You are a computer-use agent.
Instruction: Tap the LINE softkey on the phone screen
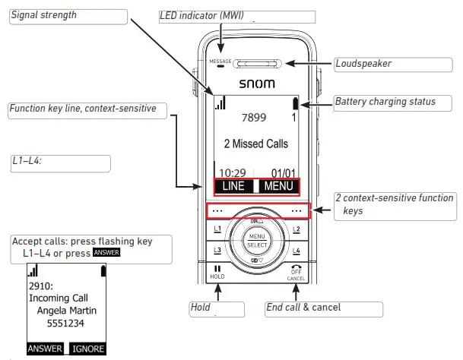(233, 186)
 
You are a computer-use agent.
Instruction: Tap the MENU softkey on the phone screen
(278, 186)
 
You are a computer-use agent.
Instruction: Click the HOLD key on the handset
(217, 273)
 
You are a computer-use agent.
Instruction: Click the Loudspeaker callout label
(363, 64)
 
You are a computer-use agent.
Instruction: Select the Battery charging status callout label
(385, 102)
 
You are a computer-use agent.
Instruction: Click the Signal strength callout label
(43, 15)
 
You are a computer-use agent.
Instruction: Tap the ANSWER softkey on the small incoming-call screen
(46, 349)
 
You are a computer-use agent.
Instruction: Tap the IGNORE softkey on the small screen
(87, 349)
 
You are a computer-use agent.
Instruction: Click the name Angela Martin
(67, 311)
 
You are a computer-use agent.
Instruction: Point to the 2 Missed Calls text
(255, 144)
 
